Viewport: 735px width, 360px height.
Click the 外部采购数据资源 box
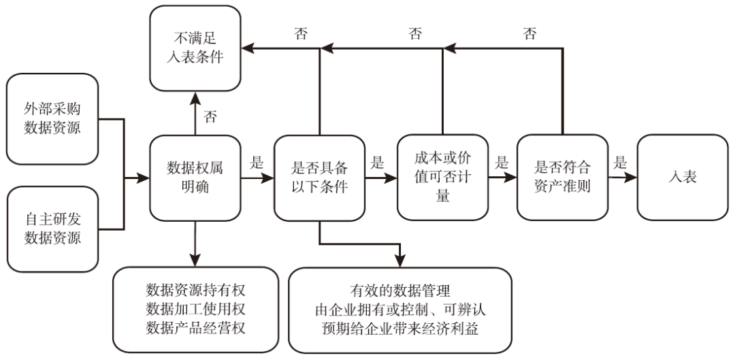52,118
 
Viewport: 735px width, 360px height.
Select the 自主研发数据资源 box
52,229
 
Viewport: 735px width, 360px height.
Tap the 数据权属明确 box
195,178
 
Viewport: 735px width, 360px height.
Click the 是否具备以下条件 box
319,178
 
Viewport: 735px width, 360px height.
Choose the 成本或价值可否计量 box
442,178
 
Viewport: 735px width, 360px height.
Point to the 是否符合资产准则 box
562,178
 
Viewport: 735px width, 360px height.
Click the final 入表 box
683,178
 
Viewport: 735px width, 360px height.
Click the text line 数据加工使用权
195,308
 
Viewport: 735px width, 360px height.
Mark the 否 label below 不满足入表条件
210,116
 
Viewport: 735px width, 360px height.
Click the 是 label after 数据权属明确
257,162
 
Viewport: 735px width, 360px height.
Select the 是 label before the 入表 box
620,162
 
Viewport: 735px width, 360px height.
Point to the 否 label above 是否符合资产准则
529,33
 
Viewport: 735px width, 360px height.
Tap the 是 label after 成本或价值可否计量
502,162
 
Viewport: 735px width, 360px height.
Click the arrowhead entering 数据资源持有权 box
195,261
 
